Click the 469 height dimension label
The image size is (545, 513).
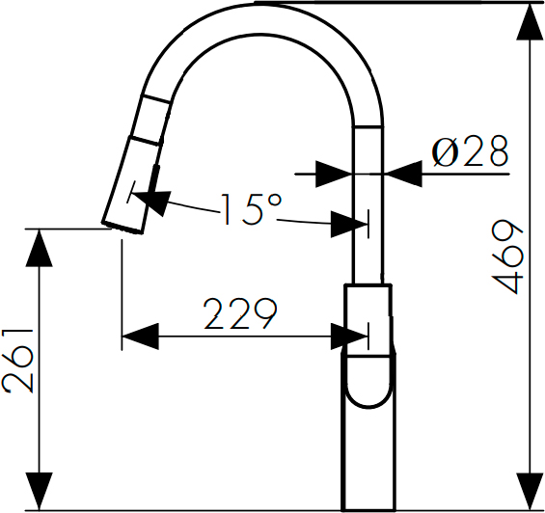pos(507,256)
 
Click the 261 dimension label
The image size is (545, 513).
pos(18,361)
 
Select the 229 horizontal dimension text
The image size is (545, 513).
pos(240,313)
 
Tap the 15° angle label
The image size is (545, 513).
pos(252,209)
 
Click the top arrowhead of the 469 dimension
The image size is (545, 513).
pos(530,21)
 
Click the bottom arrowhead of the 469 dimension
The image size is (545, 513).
pos(530,492)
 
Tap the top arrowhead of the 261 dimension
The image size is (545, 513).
pos(39,248)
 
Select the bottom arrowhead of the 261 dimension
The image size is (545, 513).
pos(39,492)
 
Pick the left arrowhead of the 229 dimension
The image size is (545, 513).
pos(141,337)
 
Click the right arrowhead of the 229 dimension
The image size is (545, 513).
pos(348,337)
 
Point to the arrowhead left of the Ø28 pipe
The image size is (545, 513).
pos(334,174)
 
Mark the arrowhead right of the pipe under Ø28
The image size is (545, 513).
pos(403,174)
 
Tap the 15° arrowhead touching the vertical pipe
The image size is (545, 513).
pos(348,224)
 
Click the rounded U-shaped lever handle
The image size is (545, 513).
pos(368,381)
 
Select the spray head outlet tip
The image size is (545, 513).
pos(123,227)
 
